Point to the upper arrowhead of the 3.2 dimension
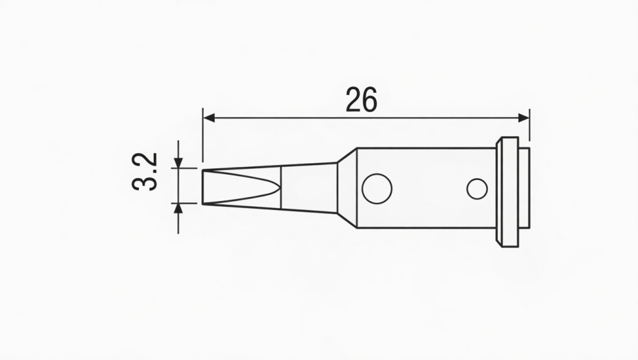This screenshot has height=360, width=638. (178, 163)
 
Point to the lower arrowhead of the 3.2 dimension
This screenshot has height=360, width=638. (178, 208)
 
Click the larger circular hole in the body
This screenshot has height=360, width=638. (377, 188)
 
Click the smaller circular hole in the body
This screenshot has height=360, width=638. (477, 189)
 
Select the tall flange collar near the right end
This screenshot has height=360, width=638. (507, 191)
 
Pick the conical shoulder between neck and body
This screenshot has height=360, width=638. (347, 187)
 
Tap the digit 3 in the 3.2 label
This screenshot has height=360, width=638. (145, 184)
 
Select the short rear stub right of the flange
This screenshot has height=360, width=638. (524, 188)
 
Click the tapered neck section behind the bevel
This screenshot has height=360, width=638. (310, 187)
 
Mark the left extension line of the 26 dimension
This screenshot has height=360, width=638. (203, 134)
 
